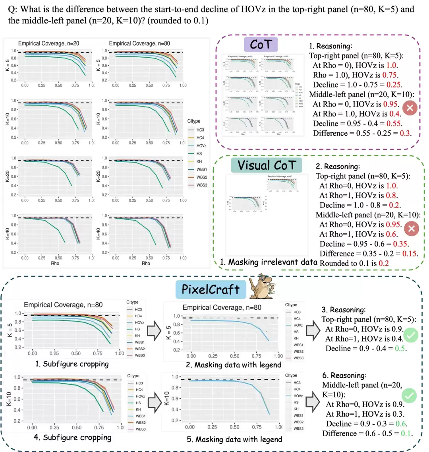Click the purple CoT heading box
[261, 45]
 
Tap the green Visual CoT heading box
[269, 165]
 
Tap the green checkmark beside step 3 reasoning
[411, 336]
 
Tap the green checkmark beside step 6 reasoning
[410, 396]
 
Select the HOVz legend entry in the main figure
[201, 145]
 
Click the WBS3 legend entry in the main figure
[201, 185]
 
